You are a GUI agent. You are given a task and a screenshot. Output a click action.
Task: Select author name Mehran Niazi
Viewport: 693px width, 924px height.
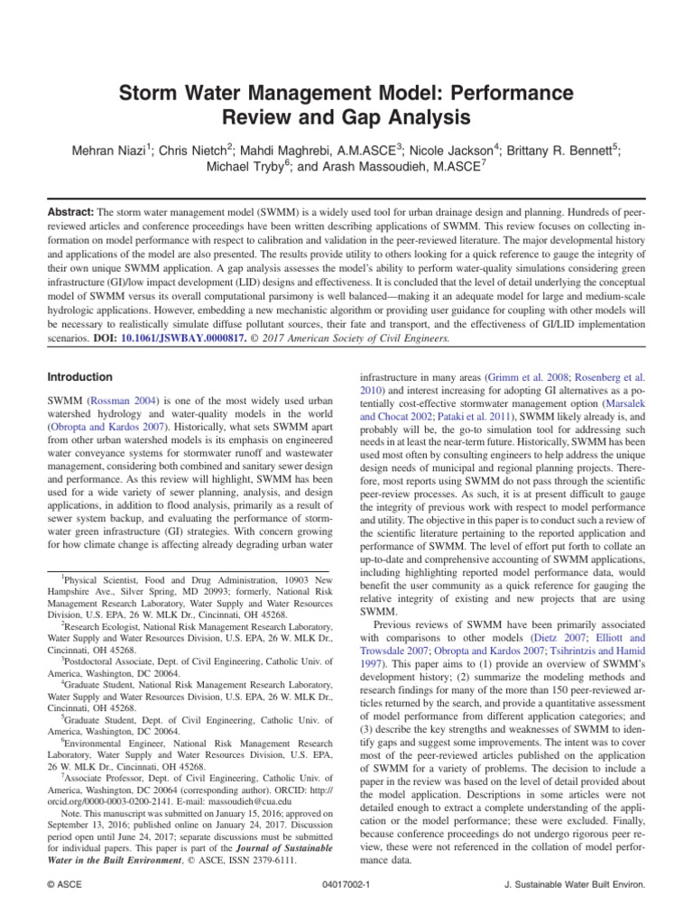[x=110, y=151]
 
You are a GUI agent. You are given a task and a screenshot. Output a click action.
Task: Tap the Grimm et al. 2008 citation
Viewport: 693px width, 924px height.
[x=514, y=376]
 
